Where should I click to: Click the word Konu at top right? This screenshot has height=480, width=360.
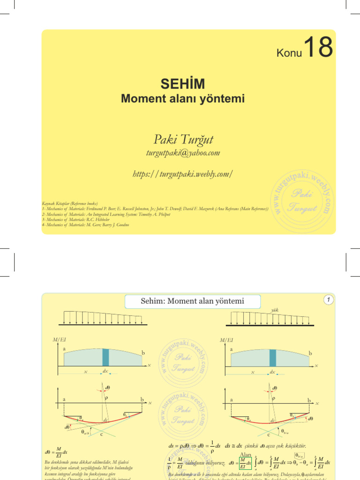[x=289, y=53]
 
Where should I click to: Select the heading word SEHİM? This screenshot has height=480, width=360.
[x=183, y=84]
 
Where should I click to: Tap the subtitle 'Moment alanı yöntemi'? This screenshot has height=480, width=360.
[x=183, y=98]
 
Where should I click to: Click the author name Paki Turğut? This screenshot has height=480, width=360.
[x=183, y=139]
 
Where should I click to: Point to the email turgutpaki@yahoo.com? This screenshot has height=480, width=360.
[x=183, y=153]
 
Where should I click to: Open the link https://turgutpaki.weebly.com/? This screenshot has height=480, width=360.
[x=183, y=174]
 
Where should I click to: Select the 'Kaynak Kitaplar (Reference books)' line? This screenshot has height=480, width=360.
[x=70, y=204]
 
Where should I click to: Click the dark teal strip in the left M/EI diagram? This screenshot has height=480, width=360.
[x=105, y=357]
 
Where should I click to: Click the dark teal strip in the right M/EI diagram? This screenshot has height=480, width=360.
[x=273, y=357]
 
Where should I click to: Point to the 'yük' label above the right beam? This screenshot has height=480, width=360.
[x=275, y=310]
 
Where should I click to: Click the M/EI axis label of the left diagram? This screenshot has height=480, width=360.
[x=60, y=340]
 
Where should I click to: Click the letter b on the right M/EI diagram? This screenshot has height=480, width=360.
[x=310, y=352]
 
